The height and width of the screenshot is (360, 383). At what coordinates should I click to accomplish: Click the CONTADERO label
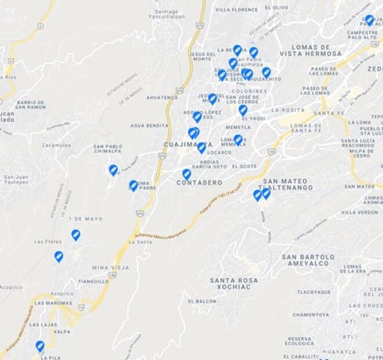click(x=199, y=182)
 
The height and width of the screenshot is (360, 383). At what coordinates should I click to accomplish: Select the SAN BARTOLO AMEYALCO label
click(x=308, y=260)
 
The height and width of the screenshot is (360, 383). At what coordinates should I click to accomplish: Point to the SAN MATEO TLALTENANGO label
click(x=288, y=183)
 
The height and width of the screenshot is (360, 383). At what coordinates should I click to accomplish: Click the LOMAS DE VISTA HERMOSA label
click(x=310, y=50)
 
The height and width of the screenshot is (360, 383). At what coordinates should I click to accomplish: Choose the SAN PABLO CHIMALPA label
click(x=107, y=149)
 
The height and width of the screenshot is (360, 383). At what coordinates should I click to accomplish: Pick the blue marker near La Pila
click(x=40, y=346)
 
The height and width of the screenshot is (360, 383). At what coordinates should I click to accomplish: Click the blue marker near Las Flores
click(x=59, y=256)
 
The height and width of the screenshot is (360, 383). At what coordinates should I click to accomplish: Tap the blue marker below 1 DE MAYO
click(x=75, y=235)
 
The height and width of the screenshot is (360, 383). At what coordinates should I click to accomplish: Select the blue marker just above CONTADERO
click(x=186, y=174)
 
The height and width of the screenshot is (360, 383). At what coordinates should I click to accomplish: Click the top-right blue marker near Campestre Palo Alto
click(x=369, y=20)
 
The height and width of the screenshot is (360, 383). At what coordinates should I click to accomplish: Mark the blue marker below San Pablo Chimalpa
click(x=113, y=170)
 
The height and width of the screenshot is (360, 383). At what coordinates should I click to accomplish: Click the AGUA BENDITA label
click(x=149, y=125)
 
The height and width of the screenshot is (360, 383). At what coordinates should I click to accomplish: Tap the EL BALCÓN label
click(x=202, y=301)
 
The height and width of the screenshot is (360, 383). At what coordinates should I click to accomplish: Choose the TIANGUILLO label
click(x=93, y=281)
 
